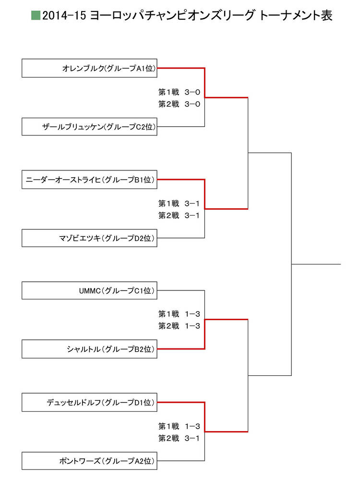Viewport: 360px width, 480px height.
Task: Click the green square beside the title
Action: point(36,16)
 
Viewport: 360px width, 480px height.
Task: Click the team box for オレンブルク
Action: point(90,68)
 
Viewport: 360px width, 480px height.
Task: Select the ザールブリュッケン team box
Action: point(90,127)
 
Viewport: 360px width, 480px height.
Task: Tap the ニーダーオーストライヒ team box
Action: point(90,180)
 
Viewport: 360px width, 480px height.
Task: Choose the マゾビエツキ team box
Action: point(90,238)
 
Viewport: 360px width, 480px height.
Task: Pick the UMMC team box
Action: point(90,290)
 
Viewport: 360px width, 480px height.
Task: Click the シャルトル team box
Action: point(90,349)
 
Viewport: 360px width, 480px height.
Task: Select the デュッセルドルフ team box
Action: point(90,402)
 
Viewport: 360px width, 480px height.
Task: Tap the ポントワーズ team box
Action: point(90,461)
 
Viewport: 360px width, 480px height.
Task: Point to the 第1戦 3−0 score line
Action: point(179,92)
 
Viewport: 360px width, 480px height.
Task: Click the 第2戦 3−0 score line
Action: point(179,104)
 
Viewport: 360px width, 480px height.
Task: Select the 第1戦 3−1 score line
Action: point(179,204)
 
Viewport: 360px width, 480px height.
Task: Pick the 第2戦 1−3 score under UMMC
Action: point(179,326)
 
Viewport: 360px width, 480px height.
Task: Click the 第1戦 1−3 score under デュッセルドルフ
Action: point(179,426)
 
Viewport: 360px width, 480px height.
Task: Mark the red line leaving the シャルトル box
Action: point(181,349)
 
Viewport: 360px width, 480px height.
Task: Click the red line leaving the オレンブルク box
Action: point(181,68)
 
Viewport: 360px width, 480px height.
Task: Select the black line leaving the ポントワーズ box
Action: point(181,461)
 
